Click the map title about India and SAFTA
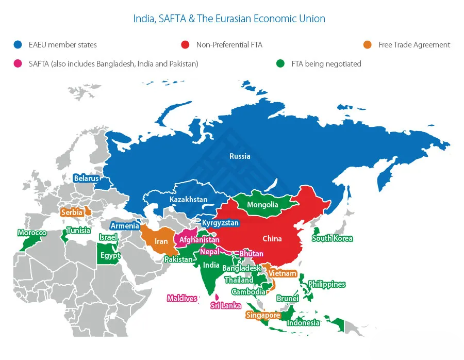[x=229, y=19]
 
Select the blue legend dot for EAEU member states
[x=18, y=45]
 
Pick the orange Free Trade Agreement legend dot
[x=368, y=45]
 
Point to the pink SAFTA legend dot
[x=18, y=64]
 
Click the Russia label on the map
[x=240, y=156]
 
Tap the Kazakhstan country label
[x=189, y=200]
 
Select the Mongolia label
[x=262, y=205]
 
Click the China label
[x=272, y=239]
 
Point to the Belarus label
[x=86, y=178]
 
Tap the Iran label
[x=161, y=241]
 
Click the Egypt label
[x=110, y=255]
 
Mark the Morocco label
[x=32, y=233]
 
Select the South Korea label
[x=333, y=238]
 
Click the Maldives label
[x=182, y=298]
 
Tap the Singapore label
[x=263, y=315]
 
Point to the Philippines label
[x=326, y=284]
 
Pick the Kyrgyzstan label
[x=220, y=223]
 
